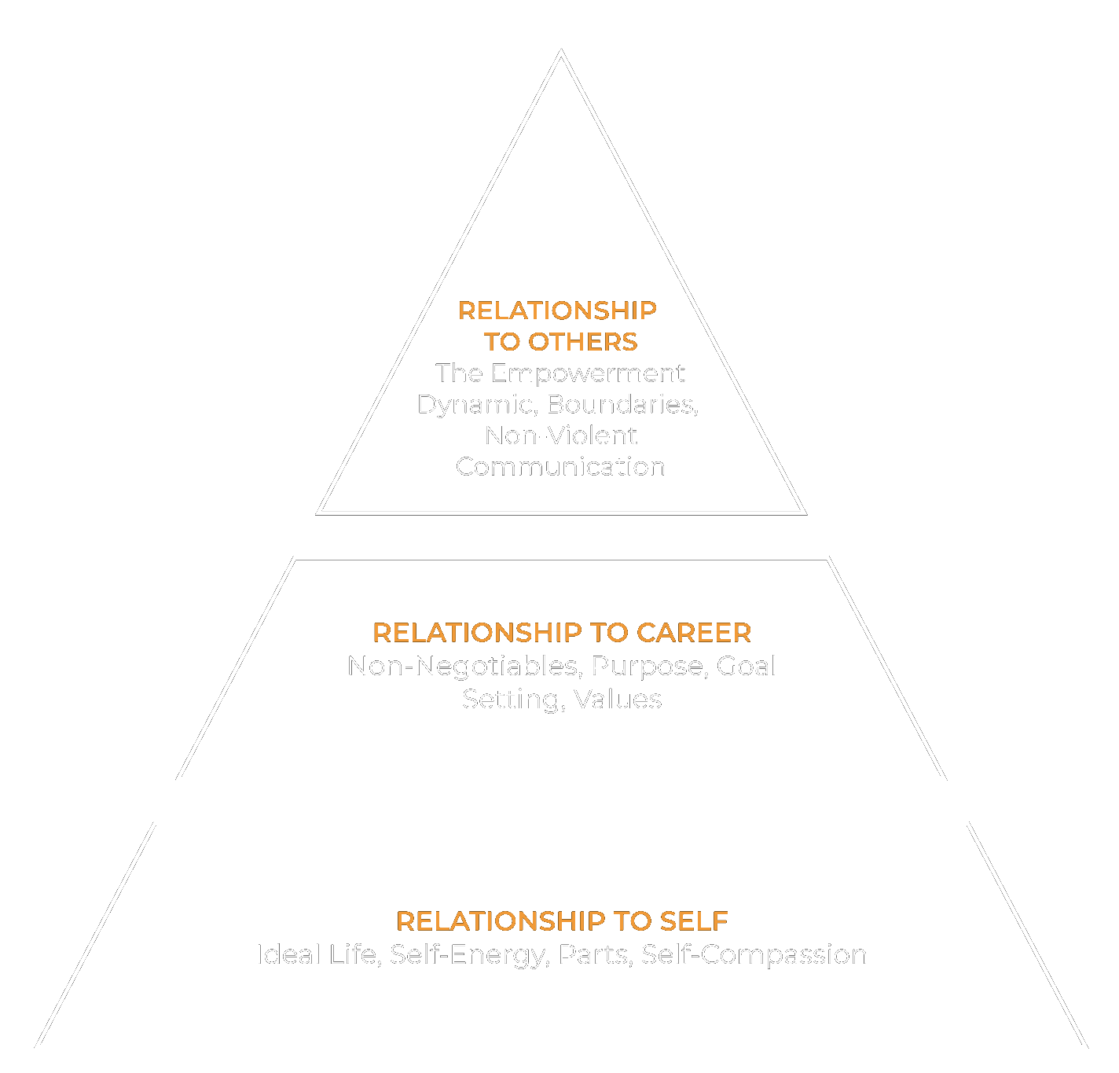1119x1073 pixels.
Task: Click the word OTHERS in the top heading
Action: point(582,342)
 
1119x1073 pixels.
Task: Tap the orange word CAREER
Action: point(693,633)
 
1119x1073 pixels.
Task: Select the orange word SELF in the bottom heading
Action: point(694,921)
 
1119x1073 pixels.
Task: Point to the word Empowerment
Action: point(588,373)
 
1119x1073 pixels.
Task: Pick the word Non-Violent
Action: point(561,435)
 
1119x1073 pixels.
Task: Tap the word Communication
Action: point(560,467)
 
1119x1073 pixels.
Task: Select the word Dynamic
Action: point(477,404)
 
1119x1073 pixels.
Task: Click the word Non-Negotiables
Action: point(464,667)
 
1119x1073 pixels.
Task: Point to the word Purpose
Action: point(650,667)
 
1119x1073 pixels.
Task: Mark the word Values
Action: point(618,700)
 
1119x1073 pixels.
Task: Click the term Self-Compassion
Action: point(754,954)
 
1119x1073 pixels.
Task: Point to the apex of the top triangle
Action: point(561,53)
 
